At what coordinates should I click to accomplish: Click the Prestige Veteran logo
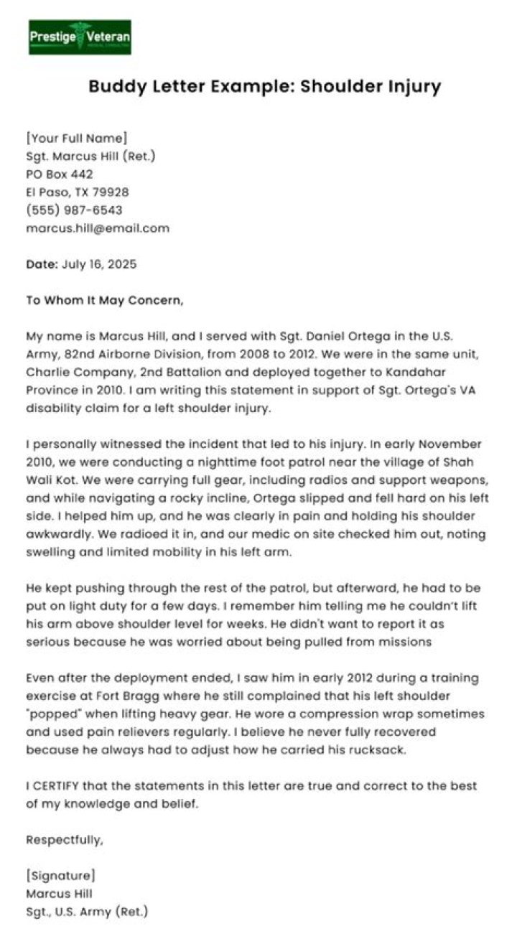pyautogui.click(x=80, y=37)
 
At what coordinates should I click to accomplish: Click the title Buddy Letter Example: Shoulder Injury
pyautogui.click(x=264, y=87)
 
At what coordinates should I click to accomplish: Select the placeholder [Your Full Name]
pyautogui.click(x=77, y=137)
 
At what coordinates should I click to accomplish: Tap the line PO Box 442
pyautogui.click(x=60, y=174)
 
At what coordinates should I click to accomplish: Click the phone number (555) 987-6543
pyautogui.click(x=74, y=210)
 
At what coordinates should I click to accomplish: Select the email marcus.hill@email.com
pyautogui.click(x=98, y=228)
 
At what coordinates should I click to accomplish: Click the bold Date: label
pyautogui.click(x=42, y=264)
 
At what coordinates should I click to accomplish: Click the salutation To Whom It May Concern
pyautogui.click(x=105, y=300)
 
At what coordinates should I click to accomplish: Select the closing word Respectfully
pyautogui.click(x=65, y=839)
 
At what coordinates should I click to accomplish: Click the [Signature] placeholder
pyautogui.click(x=60, y=876)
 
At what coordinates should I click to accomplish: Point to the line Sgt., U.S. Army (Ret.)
pyautogui.click(x=87, y=912)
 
